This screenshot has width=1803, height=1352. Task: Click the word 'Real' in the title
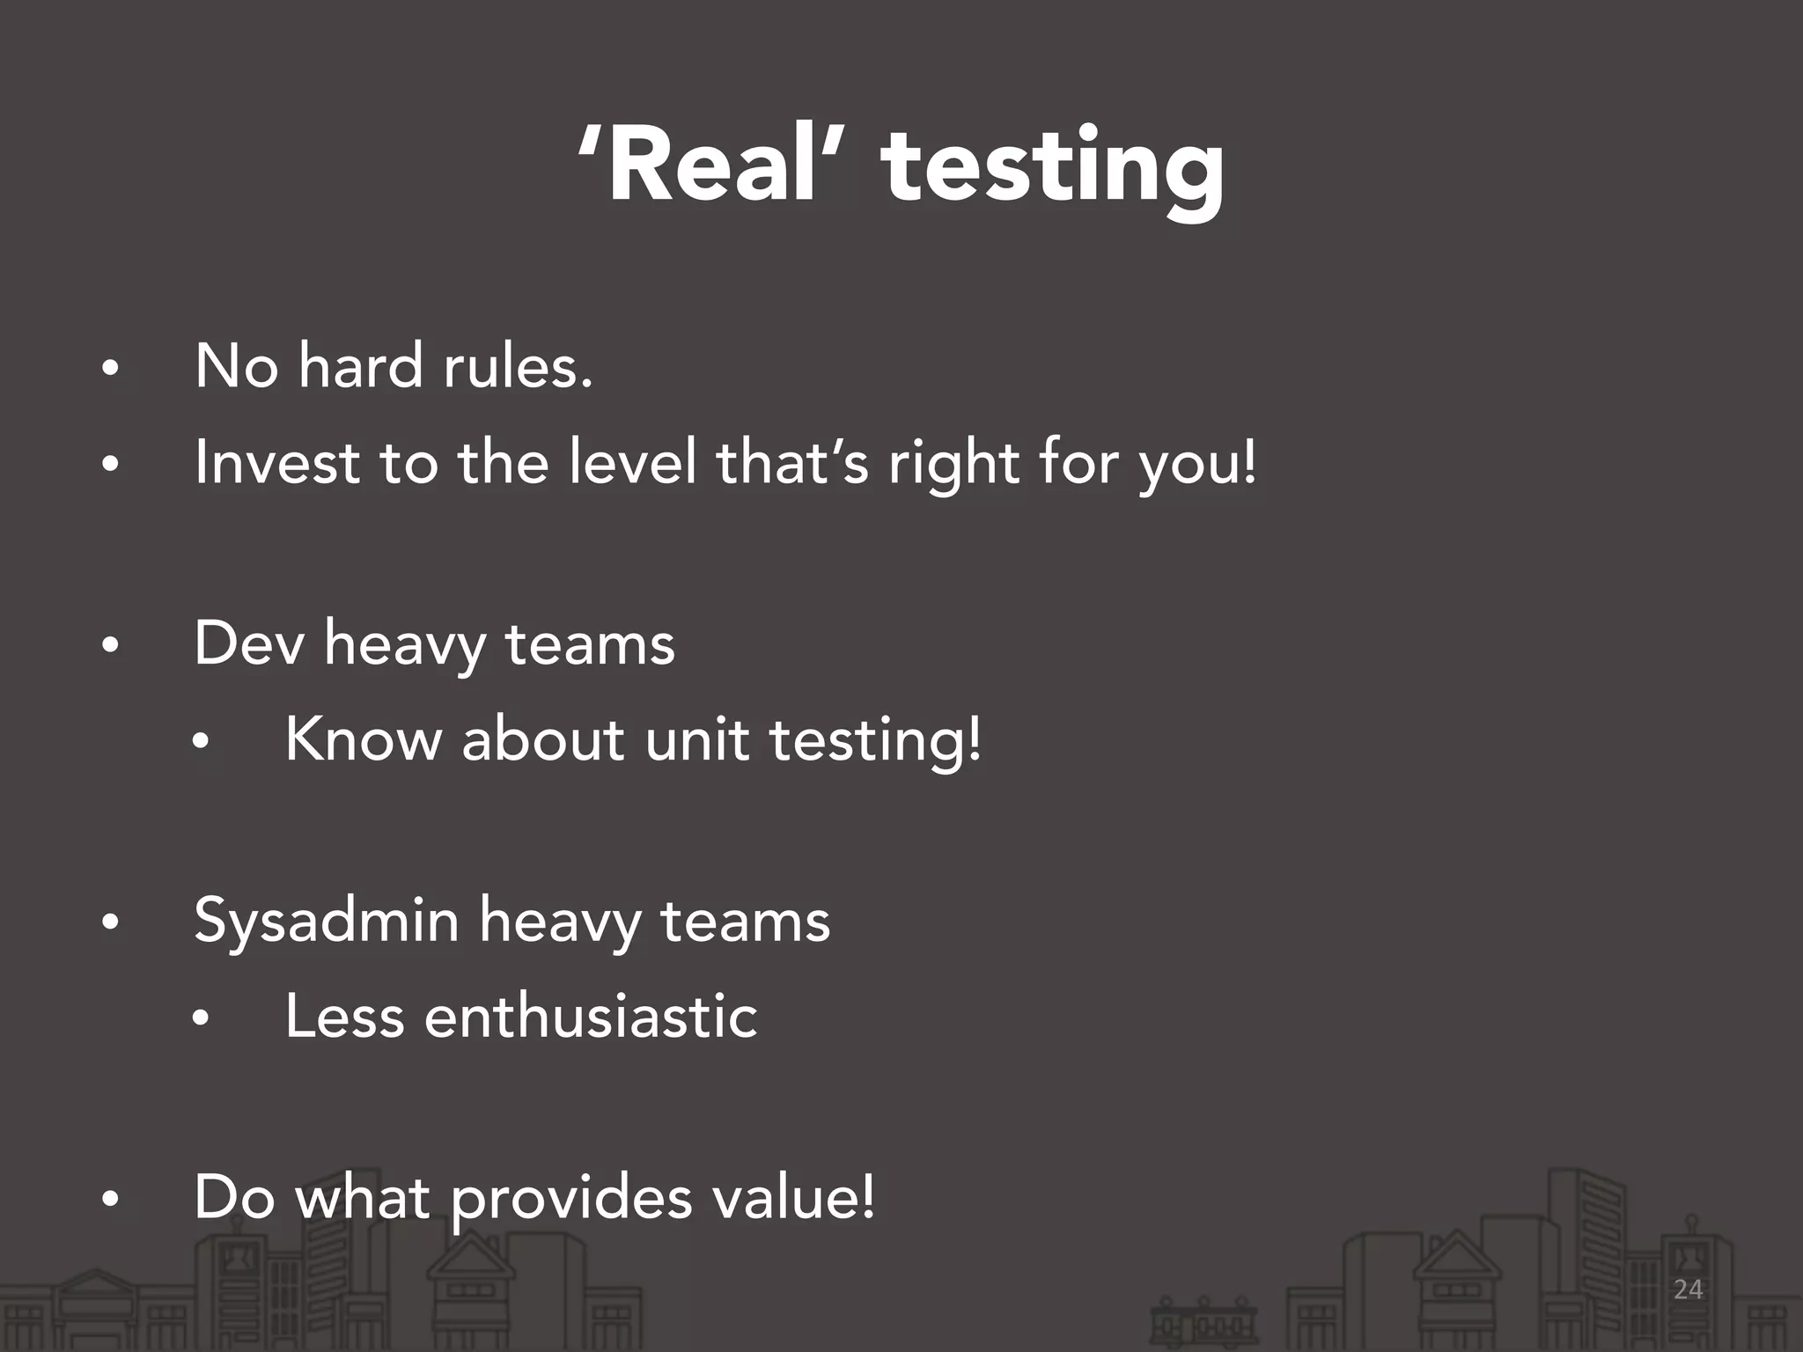713,165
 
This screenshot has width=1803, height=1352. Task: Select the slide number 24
1688,1289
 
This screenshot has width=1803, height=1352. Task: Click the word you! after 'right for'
1198,465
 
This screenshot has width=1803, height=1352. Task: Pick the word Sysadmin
327,922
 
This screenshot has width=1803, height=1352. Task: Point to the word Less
344,1017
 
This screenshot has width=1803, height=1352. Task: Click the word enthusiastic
591,1017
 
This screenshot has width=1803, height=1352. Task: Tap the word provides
571,1200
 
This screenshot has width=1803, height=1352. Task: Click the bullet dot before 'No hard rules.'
109,370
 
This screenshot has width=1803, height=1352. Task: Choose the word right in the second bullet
953,465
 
